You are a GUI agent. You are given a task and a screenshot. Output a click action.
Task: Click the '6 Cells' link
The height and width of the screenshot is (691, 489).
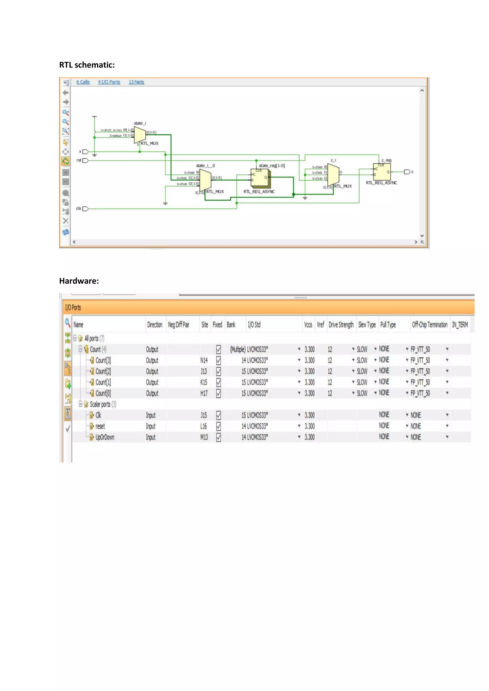(83, 82)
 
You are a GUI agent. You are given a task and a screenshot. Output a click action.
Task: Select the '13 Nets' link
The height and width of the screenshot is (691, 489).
(136, 82)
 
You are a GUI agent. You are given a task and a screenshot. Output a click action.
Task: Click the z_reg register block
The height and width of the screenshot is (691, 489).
(382, 172)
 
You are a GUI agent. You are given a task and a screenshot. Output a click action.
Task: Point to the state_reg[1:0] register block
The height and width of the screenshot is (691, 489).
(260, 178)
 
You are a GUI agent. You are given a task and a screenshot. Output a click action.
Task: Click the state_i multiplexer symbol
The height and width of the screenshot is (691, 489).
(140, 135)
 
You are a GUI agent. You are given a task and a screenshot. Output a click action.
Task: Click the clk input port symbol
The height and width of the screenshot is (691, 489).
(85, 209)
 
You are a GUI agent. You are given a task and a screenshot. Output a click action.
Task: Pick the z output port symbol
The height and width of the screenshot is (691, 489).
(407, 172)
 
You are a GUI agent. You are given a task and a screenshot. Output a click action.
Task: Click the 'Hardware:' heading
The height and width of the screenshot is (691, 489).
(79, 281)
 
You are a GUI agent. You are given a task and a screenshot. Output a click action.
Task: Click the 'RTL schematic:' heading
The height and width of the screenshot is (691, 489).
(87, 65)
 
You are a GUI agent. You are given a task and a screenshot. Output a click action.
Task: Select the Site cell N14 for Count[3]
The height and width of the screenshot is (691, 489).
(204, 360)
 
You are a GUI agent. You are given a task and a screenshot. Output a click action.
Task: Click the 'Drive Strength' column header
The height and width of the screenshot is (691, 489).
(341, 325)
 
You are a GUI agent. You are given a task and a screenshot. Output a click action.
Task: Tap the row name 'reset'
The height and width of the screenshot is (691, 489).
(100, 426)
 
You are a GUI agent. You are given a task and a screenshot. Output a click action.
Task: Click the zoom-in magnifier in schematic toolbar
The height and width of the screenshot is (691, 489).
(65, 112)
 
